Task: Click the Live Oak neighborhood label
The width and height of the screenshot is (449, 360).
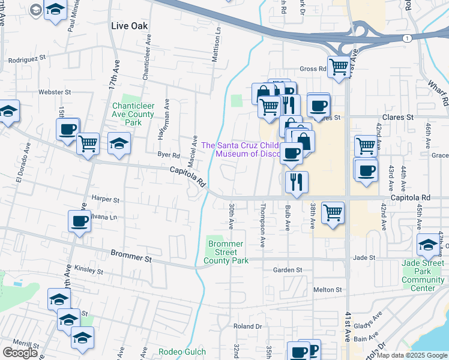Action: pyautogui.click(x=130, y=26)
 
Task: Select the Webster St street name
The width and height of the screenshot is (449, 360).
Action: pyautogui.click(x=55, y=92)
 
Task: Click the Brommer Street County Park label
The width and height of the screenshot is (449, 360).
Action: pyautogui.click(x=226, y=253)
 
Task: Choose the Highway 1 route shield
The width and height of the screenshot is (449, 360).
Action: pyautogui.click(x=408, y=38)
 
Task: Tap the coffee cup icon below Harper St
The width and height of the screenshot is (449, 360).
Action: pyautogui.click(x=80, y=221)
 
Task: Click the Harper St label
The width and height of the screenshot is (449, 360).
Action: pyautogui.click(x=106, y=199)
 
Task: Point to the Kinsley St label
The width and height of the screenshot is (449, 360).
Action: pyautogui.click(x=88, y=271)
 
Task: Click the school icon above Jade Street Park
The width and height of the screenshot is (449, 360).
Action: pyautogui.click(x=429, y=244)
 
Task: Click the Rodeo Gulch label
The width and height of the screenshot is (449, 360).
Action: pyautogui.click(x=182, y=352)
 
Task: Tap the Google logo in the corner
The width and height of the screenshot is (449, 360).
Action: pyautogui.click(x=20, y=353)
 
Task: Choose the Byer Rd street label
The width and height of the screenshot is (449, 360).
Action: pyautogui.click(x=169, y=154)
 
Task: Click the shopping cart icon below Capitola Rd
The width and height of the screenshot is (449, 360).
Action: pyautogui.click(x=333, y=212)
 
